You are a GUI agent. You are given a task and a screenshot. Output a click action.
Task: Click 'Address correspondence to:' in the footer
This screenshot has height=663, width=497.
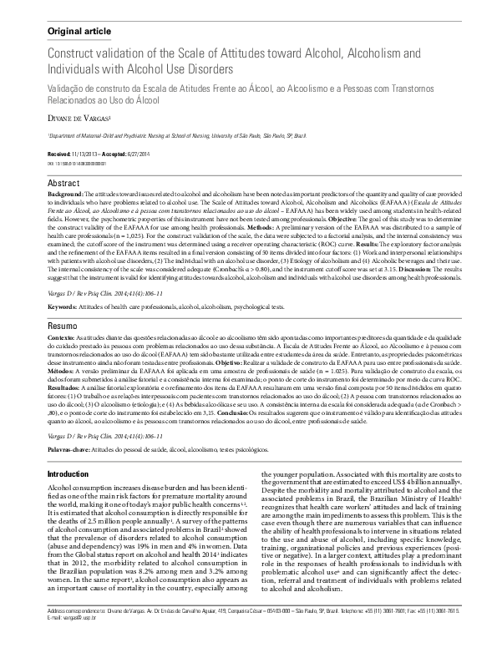coord(75,634)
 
